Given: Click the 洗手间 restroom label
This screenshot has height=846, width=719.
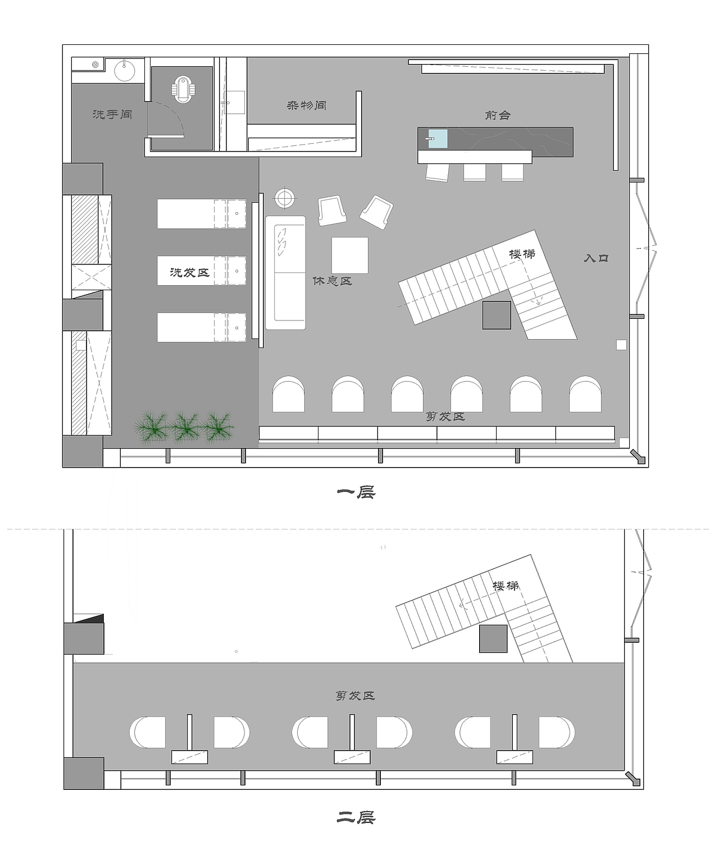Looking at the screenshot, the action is (112, 114).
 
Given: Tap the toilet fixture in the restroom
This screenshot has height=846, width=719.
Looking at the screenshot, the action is (183, 90).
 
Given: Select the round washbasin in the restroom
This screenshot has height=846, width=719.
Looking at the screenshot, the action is (125, 70).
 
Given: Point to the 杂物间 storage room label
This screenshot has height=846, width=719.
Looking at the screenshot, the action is (306, 106).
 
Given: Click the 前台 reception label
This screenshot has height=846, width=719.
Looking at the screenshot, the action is (498, 116).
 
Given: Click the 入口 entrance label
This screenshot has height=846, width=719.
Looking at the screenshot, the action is (596, 258).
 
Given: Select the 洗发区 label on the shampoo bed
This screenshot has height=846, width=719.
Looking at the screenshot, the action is (189, 273).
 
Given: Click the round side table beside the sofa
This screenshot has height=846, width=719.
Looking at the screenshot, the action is (284, 198).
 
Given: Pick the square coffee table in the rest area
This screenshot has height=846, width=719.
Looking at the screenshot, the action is (350, 255).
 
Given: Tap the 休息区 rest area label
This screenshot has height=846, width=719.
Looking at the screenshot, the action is (332, 281).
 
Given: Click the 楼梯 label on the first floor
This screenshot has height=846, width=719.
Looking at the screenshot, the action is (522, 254).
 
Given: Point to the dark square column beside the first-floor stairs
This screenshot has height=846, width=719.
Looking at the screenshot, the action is (497, 315).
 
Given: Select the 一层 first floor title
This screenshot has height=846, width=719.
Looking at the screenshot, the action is (356, 492).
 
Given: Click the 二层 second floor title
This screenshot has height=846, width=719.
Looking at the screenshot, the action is (356, 817).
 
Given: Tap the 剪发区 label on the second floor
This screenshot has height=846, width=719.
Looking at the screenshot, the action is (355, 696).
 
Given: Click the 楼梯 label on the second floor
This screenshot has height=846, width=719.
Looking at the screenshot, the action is (506, 586).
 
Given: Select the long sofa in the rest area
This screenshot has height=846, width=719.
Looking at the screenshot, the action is (285, 273).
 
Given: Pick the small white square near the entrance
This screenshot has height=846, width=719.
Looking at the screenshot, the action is (621, 345).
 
